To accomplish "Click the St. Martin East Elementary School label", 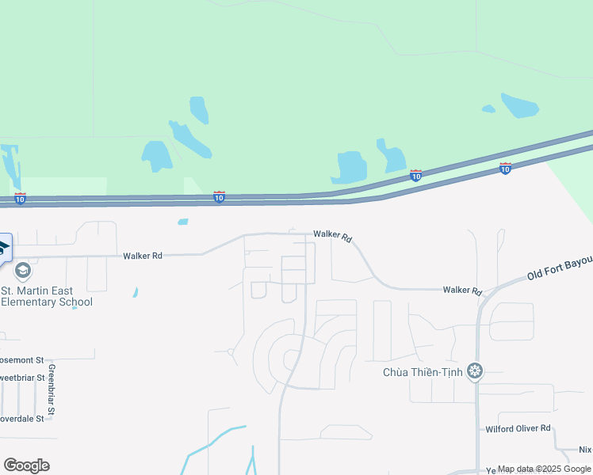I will tap(48, 295).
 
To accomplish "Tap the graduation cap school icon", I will tap(22, 271).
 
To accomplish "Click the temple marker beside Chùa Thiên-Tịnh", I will tap(475, 370).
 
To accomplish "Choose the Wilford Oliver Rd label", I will tap(518, 428).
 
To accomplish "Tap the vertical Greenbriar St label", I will tap(51, 389).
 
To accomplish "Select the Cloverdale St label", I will tap(21, 418).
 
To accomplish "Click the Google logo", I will tap(26, 465).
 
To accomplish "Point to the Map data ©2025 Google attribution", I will tap(545, 469).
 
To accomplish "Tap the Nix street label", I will tap(585, 450).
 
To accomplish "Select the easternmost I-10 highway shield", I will tap(506, 168).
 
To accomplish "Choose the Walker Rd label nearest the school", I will tap(143, 256).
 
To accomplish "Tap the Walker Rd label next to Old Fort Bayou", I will tap(462, 291).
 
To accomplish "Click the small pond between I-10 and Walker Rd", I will tap(183, 222).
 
